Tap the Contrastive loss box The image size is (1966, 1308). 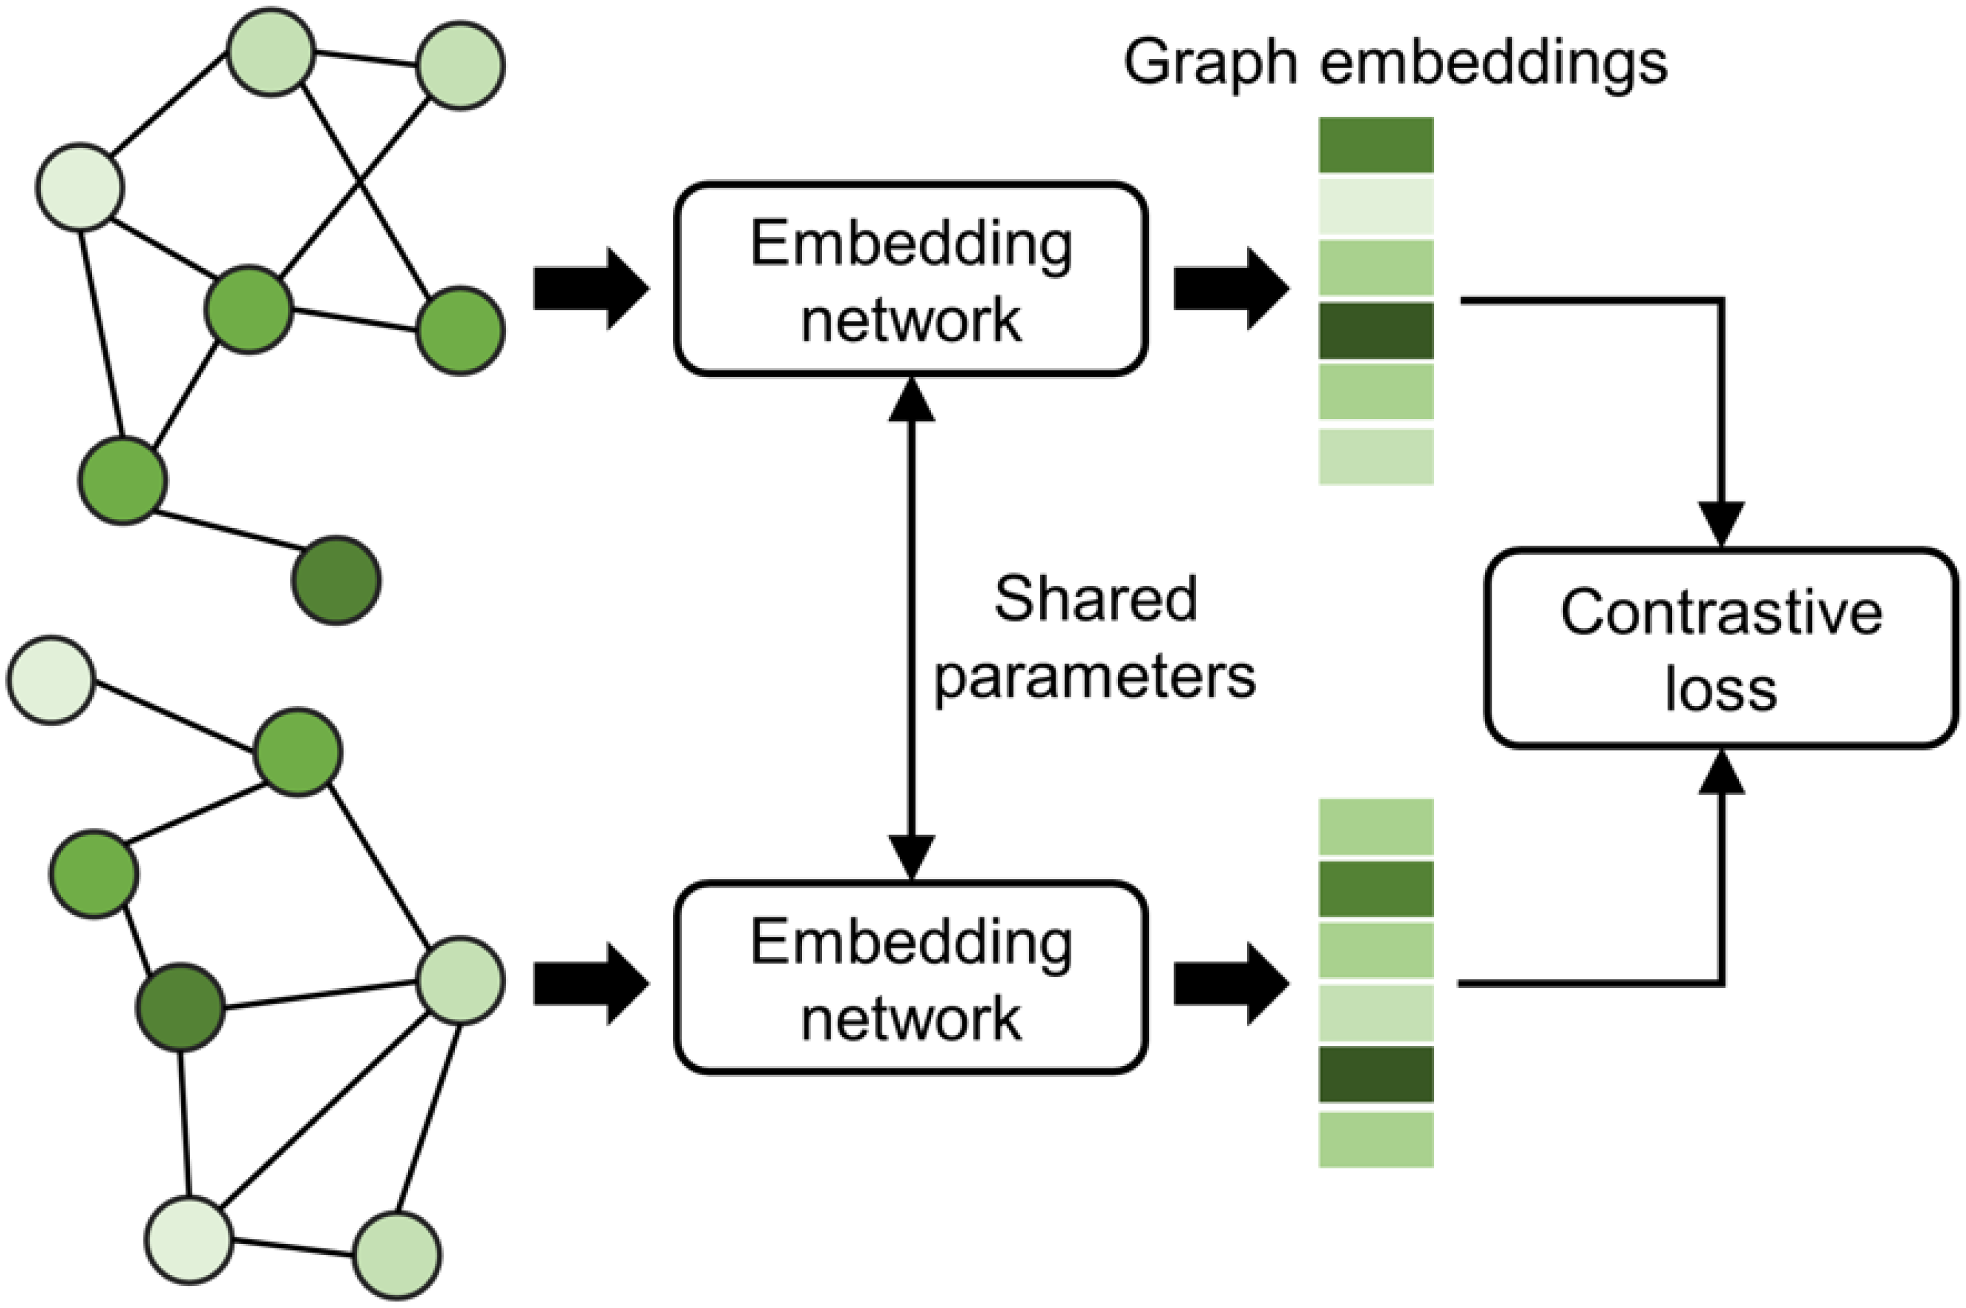click(1721, 648)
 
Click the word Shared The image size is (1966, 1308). click(1096, 599)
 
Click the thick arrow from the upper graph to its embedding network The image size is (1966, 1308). click(591, 289)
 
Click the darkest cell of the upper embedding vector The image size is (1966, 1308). click(1376, 330)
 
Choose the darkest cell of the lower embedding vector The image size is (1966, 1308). click(1376, 1074)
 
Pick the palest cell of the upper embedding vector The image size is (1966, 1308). click(1376, 206)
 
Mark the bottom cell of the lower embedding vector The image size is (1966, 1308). click(1376, 1139)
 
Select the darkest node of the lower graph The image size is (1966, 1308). click(181, 1007)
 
